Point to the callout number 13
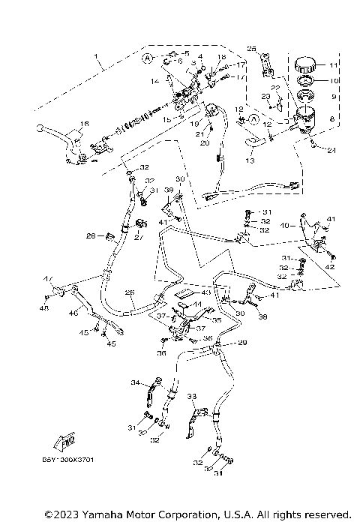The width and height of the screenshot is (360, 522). (249, 160)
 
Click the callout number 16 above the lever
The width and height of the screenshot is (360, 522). (85, 124)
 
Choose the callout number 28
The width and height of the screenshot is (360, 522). (90, 236)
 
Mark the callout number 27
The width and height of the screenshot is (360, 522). (138, 241)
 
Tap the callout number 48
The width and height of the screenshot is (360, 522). (44, 307)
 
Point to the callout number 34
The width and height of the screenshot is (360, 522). (135, 383)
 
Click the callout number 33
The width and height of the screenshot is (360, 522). (191, 395)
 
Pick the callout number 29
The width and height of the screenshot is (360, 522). (242, 343)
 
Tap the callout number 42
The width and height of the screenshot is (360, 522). (329, 266)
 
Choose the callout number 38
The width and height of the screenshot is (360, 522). (262, 317)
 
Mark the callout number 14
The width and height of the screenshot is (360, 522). (155, 81)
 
